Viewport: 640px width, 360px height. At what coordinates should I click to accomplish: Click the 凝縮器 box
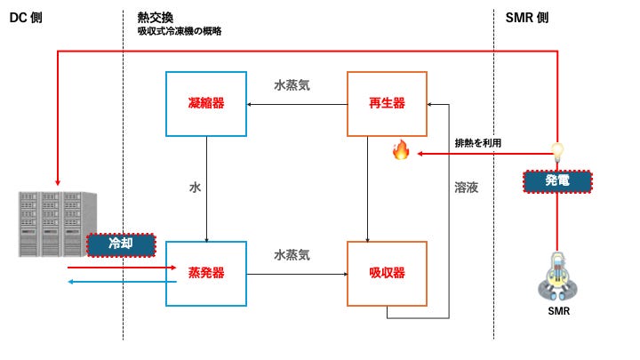206,103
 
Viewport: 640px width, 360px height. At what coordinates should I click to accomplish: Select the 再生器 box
387,103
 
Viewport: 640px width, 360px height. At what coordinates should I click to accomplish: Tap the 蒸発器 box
206,273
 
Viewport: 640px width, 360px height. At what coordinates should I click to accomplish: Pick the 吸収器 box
387,273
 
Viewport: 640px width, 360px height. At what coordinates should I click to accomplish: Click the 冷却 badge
121,244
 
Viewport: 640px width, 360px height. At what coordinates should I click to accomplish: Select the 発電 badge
556,181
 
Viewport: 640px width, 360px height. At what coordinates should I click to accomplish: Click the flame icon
400,151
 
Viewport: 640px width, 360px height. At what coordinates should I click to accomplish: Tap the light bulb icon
557,151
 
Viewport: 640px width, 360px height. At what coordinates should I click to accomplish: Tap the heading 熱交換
155,17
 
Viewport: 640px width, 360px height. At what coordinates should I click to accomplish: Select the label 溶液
467,188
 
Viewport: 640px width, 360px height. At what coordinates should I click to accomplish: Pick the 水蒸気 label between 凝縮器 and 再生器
292,86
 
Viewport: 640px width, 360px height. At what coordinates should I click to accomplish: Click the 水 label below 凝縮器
195,188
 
